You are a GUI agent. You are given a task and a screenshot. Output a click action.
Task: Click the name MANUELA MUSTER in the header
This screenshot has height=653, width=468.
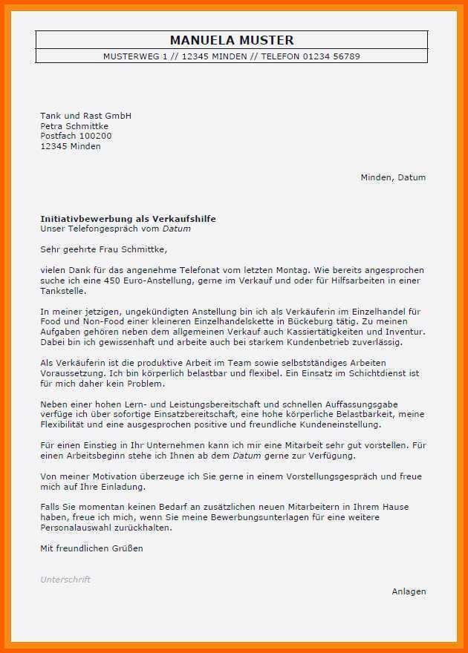click(232, 40)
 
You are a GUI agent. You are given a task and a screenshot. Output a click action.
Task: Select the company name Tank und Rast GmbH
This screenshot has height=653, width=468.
click(85, 116)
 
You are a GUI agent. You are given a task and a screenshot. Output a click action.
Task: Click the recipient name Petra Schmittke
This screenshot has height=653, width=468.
click(74, 126)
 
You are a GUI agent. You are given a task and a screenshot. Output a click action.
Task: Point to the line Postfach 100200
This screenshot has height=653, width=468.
click(76, 136)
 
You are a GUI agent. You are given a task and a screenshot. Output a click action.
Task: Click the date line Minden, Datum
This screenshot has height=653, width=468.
click(393, 177)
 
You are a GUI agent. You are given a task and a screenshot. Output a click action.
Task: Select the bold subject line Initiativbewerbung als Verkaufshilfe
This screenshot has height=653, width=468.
click(128, 219)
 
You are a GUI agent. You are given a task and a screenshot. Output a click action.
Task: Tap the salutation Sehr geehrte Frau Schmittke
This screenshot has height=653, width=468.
click(104, 249)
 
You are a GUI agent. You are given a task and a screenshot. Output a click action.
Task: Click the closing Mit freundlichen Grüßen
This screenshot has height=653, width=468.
click(91, 548)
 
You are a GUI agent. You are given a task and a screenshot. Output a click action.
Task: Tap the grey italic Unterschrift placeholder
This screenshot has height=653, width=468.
click(65, 580)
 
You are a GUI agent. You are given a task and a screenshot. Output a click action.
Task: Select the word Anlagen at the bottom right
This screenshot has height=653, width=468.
click(409, 591)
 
